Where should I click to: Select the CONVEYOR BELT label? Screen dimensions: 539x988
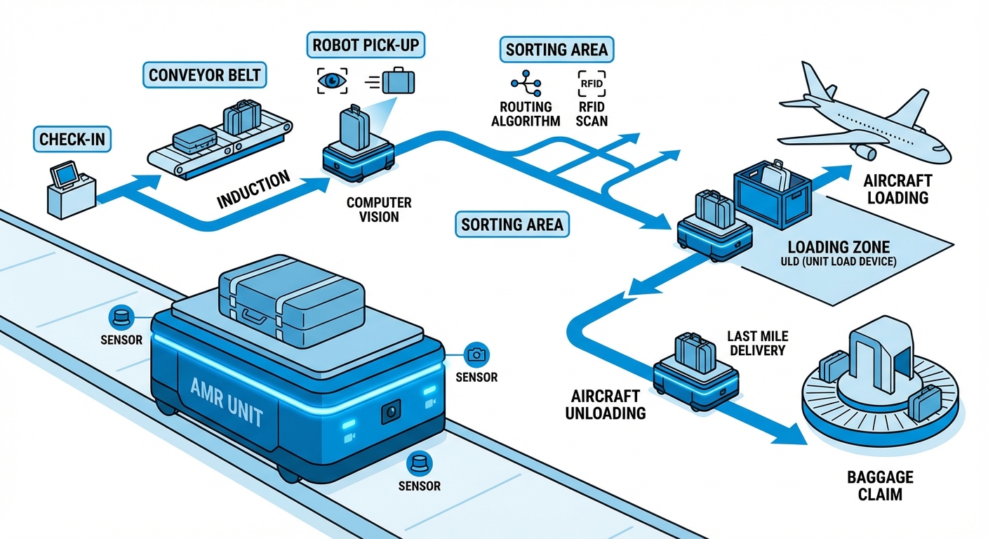206,74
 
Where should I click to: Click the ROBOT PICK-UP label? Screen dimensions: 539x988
366,46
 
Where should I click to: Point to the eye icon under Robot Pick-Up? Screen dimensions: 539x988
331,81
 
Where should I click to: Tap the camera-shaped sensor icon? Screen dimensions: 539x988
476,355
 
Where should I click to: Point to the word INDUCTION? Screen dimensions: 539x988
253,189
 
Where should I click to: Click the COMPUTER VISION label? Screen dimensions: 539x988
379,210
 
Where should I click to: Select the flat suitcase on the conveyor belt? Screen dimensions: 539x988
194,139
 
